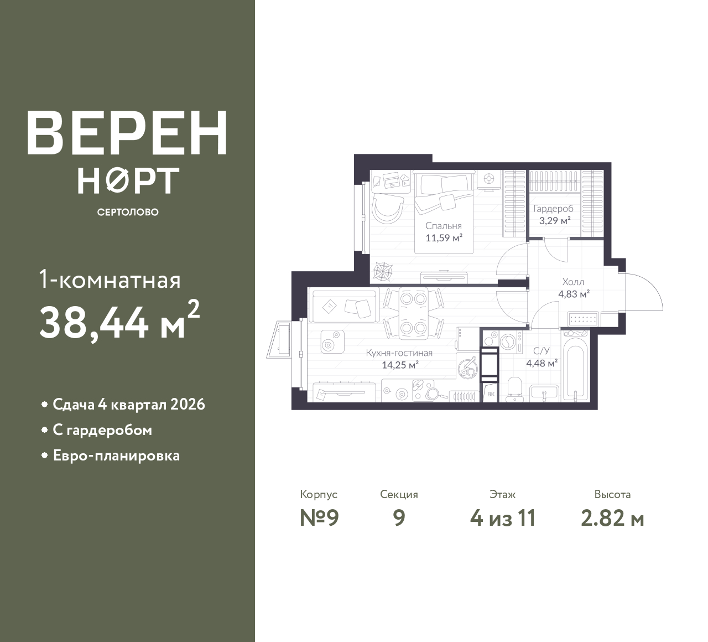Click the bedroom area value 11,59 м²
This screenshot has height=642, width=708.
444,238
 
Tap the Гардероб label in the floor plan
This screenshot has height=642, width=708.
553,209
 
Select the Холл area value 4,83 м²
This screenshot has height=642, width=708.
574,294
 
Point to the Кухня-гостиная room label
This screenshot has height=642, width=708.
399,353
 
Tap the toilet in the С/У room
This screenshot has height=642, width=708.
514,389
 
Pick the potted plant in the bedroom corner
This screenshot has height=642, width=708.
382,272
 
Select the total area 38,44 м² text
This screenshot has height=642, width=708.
119,321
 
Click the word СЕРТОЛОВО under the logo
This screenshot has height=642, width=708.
128,212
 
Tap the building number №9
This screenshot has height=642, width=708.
319,517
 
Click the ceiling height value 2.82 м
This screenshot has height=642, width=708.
613,519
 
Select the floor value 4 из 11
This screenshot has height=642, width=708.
503,518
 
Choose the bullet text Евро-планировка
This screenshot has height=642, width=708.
117,455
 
